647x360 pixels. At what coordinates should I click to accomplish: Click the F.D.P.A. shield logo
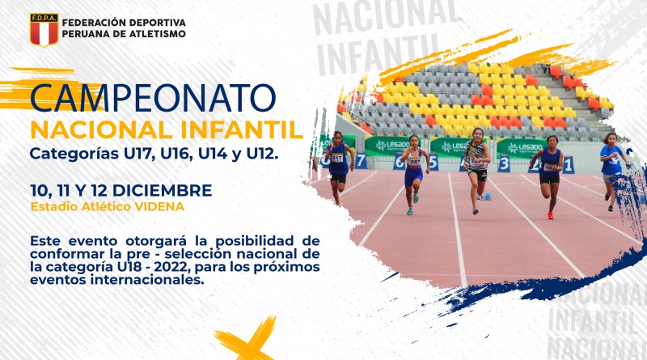(x=44, y=30)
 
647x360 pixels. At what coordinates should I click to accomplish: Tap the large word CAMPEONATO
(x=153, y=98)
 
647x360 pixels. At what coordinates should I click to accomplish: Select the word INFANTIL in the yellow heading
(x=242, y=130)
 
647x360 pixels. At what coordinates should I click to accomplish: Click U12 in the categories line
(x=260, y=154)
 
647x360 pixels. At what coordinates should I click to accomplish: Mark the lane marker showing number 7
(x=361, y=161)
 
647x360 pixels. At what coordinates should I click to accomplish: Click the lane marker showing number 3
(x=504, y=163)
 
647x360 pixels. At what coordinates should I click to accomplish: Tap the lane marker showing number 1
(x=569, y=165)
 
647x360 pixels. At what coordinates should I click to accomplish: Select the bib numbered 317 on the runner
(x=337, y=158)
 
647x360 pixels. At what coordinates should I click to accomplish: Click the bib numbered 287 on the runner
(x=414, y=163)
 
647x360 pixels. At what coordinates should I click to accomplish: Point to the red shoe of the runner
(x=550, y=215)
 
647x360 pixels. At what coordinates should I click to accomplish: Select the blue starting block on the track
(x=485, y=197)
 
